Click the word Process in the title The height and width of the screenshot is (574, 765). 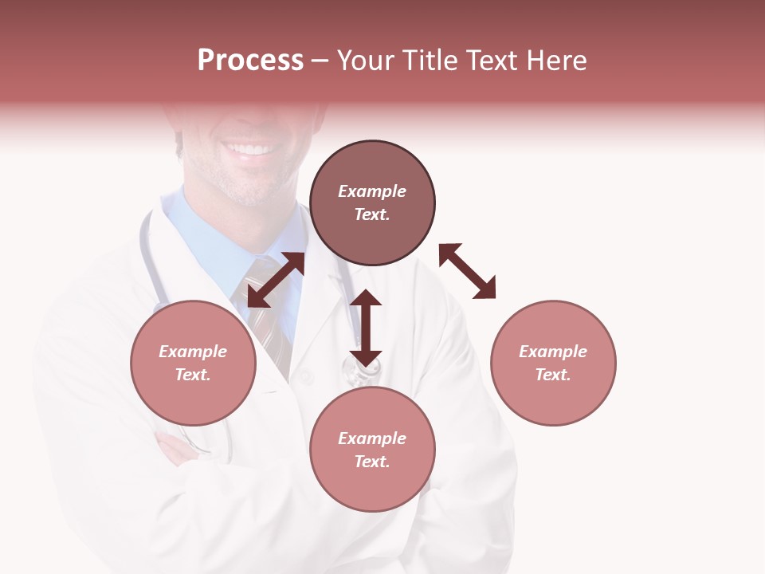250,61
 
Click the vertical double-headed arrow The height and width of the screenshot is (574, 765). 366,328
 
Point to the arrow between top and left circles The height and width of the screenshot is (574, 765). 276,280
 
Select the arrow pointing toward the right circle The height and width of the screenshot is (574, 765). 468,271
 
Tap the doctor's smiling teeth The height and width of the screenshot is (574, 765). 253,149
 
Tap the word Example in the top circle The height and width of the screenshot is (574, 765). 372,191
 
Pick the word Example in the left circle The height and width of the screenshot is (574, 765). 193,352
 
